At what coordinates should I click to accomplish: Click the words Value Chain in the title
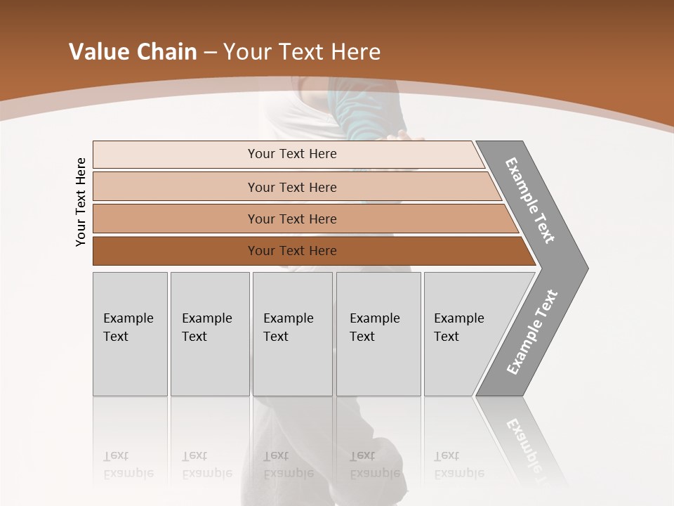pyautogui.click(x=133, y=52)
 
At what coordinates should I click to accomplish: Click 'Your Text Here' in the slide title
pyautogui.click(x=302, y=52)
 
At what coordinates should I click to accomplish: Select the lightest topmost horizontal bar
pyautogui.click(x=292, y=154)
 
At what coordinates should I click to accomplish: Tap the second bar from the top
pyautogui.click(x=292, y=187)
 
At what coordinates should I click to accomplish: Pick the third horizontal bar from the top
pyautogui.click(x=292, y=219)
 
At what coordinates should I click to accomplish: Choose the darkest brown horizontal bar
pyautogui.click(x=292, y=251)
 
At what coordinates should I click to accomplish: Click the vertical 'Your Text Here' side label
pyautogui.click(x=81, y=202)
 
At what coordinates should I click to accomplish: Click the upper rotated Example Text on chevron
pyautogui.click(x=530, y=200)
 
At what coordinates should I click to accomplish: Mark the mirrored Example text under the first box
pyautogui.click(x=128, y=465)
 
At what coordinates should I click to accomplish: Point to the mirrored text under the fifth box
pyautogui.click(x=459, y=465)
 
